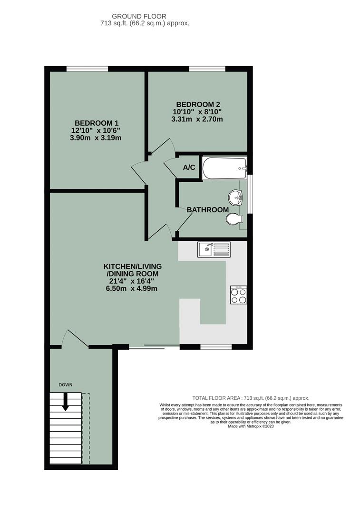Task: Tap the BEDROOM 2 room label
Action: coord(198,104)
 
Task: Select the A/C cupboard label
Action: coord(189,168)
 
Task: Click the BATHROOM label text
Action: coord(207,209)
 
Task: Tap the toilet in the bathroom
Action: coord(234,219)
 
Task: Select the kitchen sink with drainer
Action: coord(214,248)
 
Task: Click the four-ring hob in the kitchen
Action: coord(238,295)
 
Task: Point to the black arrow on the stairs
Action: coord(66,401)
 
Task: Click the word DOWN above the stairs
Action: coord(66,385)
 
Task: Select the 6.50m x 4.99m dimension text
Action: coord(132,288)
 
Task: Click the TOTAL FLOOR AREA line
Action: coord(251,398)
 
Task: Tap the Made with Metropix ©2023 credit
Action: coord(251,426)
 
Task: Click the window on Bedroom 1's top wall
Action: coord(87,69)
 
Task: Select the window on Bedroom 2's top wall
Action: coord(207,69)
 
